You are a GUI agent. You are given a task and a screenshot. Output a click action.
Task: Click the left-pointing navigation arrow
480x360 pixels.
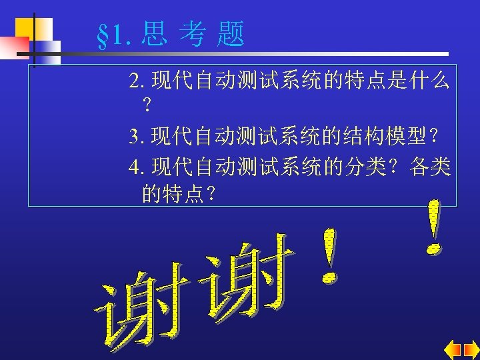click(x=453, y=349)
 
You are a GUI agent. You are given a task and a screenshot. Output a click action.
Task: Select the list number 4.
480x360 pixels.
click(x=136, y=167)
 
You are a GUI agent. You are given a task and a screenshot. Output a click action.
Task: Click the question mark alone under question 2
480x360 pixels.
click(x=147, y=105)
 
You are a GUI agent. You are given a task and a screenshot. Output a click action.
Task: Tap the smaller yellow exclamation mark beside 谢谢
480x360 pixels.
click(x=328, y=257)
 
